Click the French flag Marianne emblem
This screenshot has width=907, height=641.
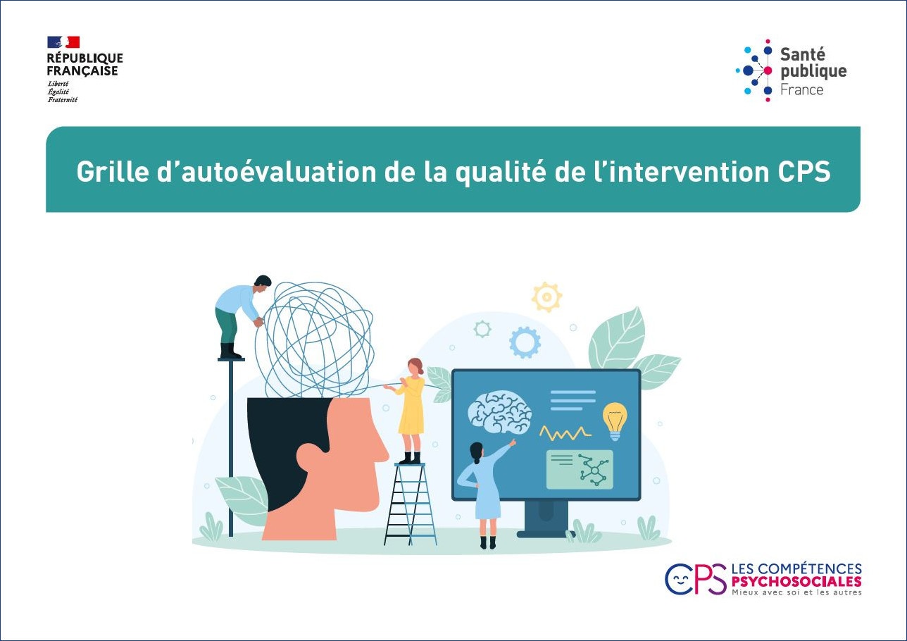coord(63,42)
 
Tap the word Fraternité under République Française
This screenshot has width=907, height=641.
coord(63,99)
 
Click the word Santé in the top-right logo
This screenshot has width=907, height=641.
coord(797,54)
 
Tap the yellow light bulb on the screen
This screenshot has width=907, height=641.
coord(615,421)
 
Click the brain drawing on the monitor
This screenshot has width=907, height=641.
coord(500,411)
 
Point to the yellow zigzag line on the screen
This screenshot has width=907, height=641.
coord(565,433)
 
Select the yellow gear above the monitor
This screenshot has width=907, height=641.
coord(546,297)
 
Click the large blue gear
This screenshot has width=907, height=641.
coord(525,342)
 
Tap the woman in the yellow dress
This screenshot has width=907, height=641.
coord(409,410)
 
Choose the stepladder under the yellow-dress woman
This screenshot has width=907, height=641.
coord(410,504)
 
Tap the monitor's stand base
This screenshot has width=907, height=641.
coord(546,534)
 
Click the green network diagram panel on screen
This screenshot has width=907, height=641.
coord(580,470)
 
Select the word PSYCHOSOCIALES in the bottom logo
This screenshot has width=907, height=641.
coord(796,582)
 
